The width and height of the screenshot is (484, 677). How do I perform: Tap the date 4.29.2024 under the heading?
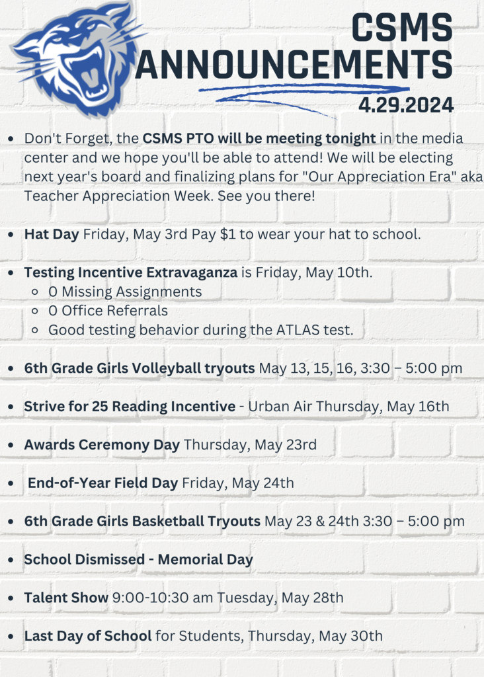(405, 104)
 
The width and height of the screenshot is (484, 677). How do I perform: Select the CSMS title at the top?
(401, 28)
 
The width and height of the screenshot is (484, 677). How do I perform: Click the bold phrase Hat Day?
(52, 234)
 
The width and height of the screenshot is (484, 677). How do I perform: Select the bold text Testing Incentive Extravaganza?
(130, 272)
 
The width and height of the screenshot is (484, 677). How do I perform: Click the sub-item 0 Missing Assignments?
(125, 292)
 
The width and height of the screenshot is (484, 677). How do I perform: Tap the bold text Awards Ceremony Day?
(102, 445)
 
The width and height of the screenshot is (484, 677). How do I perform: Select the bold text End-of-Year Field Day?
(102, 483)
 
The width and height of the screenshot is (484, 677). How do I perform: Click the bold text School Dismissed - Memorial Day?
(138, 560)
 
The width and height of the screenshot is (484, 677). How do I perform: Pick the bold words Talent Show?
(66, 598)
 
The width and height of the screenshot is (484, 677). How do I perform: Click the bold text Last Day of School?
(88, 637)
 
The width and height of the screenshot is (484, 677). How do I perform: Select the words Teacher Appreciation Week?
(121, 196)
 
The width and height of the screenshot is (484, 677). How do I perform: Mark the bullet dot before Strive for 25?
(12, 407)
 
